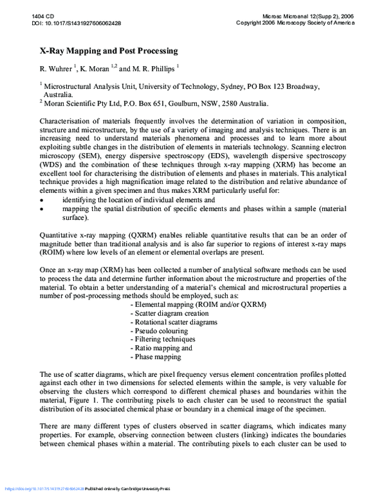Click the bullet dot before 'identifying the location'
[42, 201]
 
